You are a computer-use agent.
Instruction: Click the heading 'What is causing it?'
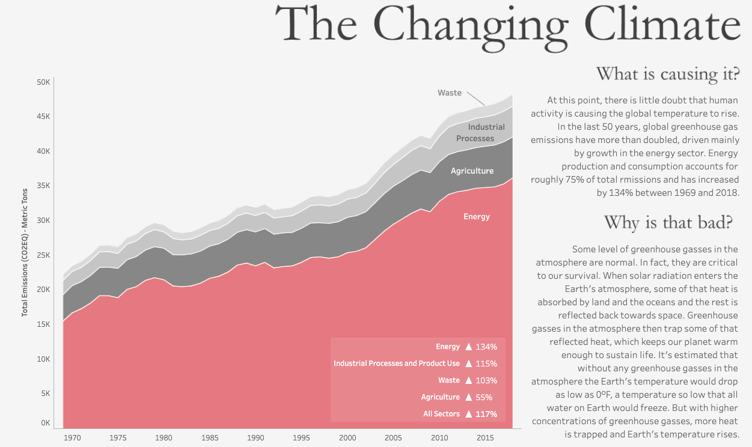pos(667,74)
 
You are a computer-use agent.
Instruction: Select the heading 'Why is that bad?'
pos(668,222)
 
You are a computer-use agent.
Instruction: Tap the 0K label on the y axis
pos(46,423)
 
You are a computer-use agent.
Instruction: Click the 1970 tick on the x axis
pos(72,438)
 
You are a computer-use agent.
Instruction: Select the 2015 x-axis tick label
pos(485,438)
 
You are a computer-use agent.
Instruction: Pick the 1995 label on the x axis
pos(302,438)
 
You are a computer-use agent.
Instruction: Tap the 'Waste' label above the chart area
pos(450,93)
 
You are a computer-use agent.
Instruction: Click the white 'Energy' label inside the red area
pos(477,216)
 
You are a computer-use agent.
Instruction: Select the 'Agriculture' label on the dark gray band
pos(472,171)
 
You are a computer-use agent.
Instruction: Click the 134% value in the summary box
pos(486,347)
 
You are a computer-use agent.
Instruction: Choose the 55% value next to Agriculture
pos(484,397)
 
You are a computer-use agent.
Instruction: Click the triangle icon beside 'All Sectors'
pos(469,414)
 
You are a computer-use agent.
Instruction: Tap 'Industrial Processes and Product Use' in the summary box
pos(397,363)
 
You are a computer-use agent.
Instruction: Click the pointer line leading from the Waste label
pos(476,99)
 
